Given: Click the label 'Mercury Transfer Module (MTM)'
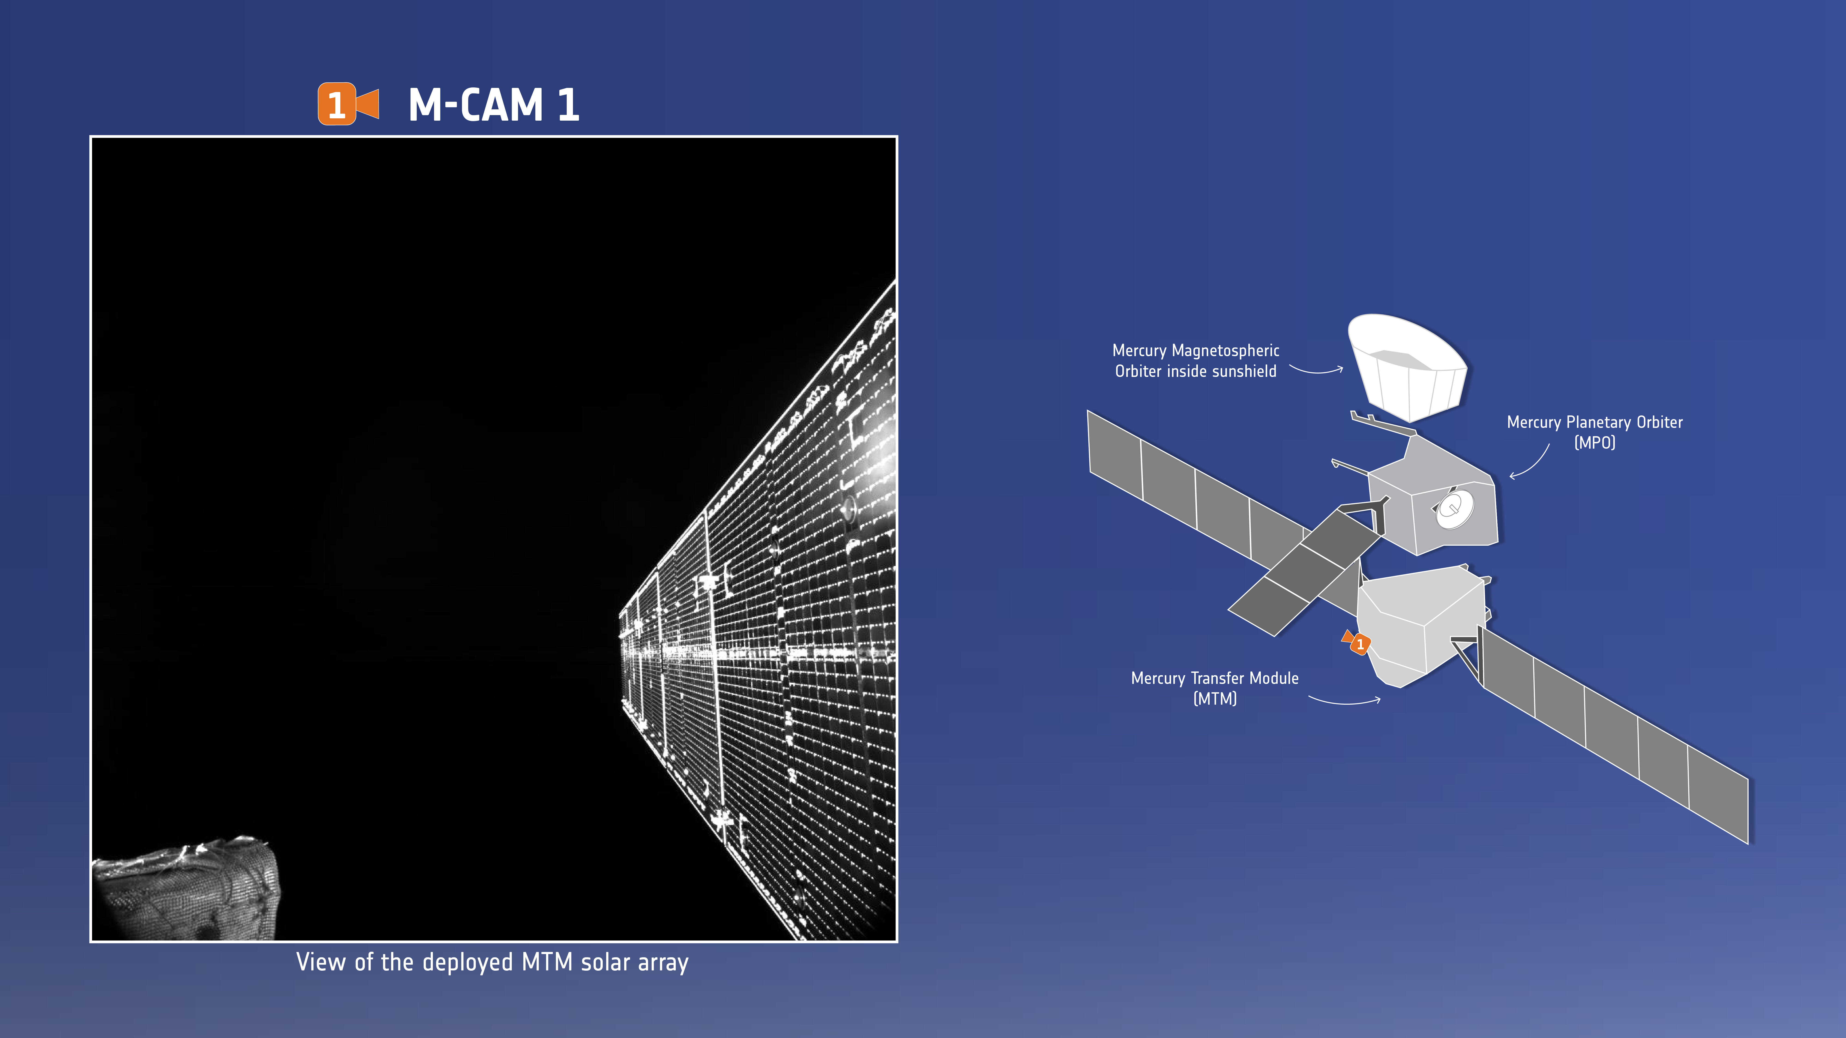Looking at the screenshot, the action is pos(1215,688).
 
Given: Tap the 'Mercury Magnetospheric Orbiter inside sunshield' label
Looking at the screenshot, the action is pos(1195,360).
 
